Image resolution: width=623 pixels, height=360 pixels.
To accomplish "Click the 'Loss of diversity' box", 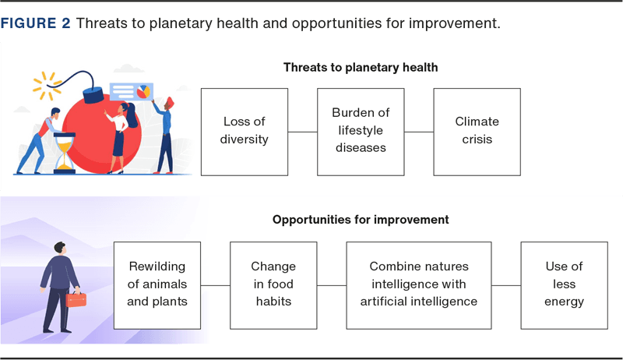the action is pyautogui.click(x=245, y=132).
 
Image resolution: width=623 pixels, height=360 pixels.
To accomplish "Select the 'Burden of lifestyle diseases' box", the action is pyautogui.click(x=361, y=132).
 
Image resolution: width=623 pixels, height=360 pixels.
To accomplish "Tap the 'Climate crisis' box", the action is pyautogui.click(x=477, y=132).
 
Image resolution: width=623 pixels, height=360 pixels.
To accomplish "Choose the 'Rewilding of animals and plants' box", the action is pyautogui.click(x=157, y=285).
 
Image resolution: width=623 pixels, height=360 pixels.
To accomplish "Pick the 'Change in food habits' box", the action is pyautogui.click(x=273, y=285).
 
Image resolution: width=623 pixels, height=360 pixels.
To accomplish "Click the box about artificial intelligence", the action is pyautogui.click(x=419, y=285).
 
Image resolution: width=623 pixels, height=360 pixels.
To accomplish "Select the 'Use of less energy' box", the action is pyautogui.click(x=564, y=285).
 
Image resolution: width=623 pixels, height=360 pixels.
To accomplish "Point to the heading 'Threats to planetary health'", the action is pyautogui.click(x=361, y=68).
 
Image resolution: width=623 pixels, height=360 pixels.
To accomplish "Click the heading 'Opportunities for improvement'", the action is pyautogui.click(x=361, y=220).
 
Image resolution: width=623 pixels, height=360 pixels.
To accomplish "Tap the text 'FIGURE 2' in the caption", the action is pyautogui.click(x=35, y=23).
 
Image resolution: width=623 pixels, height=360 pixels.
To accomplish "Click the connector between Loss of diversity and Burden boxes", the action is pyautogui.click(x=303, y=132).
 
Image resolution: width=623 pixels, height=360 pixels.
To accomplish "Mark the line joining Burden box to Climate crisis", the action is pyautogui.click(x=419, y=132).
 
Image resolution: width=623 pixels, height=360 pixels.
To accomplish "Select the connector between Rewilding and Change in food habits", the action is pyautogui.click(x=216, y=285).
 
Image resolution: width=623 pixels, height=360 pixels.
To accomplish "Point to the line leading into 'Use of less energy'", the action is pyautogui.click(x=506, y=285).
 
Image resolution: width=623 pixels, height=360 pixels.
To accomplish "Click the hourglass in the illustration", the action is pyautogui.click(x=65, y=154).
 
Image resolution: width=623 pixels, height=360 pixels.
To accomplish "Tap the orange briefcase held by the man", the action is pyautogui.click(x=76, y=300).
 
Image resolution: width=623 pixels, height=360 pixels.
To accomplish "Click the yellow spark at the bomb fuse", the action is pyautogui.click(x=47, y=86).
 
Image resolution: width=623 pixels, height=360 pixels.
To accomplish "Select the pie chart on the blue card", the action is pyautogui.click(x=143, y=92).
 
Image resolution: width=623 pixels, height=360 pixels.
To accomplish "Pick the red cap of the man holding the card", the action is pyautogui.click(x=170, y=103).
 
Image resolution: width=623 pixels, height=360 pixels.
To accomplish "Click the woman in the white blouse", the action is pyautogui.click(x=121, y=138).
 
